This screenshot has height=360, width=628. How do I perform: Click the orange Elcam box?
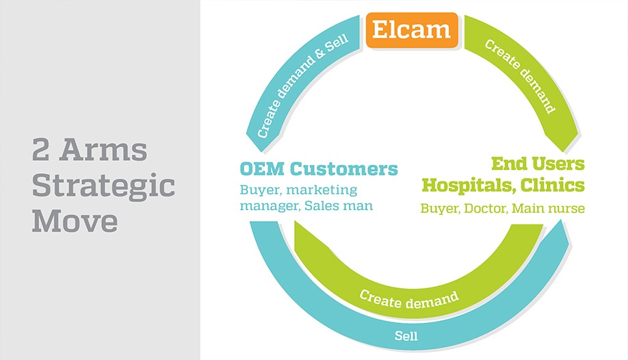(412, 30)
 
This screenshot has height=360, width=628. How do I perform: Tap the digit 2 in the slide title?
(40, 149)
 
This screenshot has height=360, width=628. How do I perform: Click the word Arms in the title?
(103, 149)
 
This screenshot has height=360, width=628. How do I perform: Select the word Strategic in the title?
(103, 186)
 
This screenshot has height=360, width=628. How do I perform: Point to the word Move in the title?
(75, 221)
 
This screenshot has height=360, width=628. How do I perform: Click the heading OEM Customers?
(319, 169)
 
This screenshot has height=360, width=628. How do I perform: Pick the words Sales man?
(339, 205)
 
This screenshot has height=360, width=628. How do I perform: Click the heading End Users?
(538, 164)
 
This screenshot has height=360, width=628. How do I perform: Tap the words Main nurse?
(548, 209)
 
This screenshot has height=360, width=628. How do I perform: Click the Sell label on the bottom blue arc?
(406, 336)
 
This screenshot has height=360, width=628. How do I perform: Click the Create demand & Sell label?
(303, 87)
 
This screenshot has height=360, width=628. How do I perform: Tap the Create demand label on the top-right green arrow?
(520, 76)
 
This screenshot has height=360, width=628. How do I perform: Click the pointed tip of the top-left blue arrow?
(262, 152)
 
